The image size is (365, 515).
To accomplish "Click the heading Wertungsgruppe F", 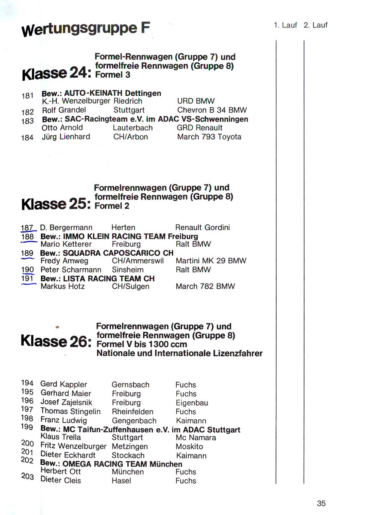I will [x=85, y=29].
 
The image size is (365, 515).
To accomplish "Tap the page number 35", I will [x=321, y=503].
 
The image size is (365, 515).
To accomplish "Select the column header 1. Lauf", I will [x=285, y=25].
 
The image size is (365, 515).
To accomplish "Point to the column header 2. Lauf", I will [x=315, y=25].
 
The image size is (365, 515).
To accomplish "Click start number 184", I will [x=27, y=138].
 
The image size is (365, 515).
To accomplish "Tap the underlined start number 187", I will [x=27, y=228].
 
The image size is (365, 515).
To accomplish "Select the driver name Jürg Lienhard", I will [x=66, y=137].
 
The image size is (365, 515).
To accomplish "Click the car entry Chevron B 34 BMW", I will [x=212, y=110].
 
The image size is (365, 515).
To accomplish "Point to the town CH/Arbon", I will [x=130, y=137].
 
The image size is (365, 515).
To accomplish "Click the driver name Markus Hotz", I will [x=62, y=286].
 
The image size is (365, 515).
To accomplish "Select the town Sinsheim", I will [x=128, y=270].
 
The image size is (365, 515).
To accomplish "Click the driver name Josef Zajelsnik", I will [x=66, y=403].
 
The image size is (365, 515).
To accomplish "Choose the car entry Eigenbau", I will [x=192, y=403].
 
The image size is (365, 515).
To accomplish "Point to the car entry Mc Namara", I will [x=196, y=438].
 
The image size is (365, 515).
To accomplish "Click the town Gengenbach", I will [x=134, y=421].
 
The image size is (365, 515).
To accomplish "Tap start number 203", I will [x=27, y=477].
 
